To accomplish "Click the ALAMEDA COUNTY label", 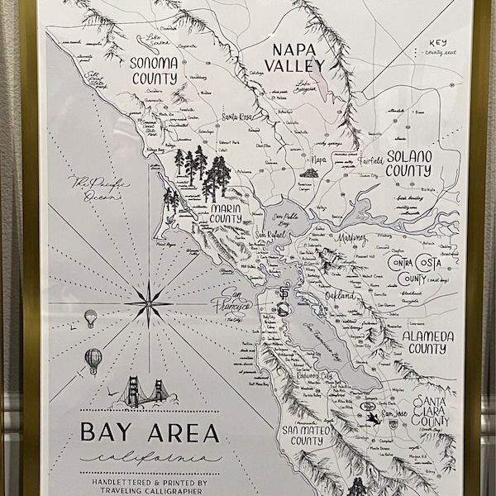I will tap(427, 343).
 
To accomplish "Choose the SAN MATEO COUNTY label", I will tap(293, 435).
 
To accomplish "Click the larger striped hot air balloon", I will tap(93, 360).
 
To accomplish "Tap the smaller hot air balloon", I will tap(90, 317).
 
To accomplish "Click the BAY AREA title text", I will tap(150, 432).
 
